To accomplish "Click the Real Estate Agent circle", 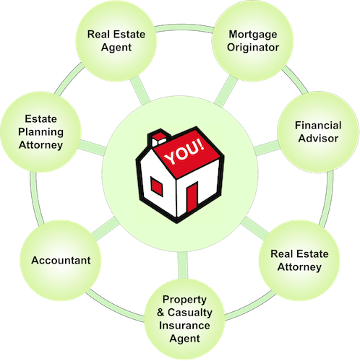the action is pyautogui.click(x=116, y=41).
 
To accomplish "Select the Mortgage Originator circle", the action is pyautogui.click(x=253, y=41).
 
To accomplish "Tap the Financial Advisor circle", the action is pyautogui.click(x=318, y=132).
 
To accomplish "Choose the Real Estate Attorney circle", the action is pyautogui.click(x=299, y=261).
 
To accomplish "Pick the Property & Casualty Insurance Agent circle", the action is pyautogui.click(x=184, y=319).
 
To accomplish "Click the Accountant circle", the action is pyautogui.click(x=61, y=261).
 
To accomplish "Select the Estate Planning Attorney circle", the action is pyautogui.click(x=41, y=132).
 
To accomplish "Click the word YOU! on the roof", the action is pyautogui.click(x=184, y=152).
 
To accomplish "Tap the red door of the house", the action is pyautogui.click(x=192, y=197).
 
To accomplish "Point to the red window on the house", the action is pyautogui.click(x=156, y=186).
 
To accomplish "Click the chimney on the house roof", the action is pyautogui.click(x=159, y=138).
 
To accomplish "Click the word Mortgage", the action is pyautogui.click(x=253, y=35).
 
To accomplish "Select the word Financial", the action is pyautogui.click(x=318, y=126).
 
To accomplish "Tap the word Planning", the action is pyautogui.click(x=41, y=132).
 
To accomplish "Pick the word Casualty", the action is pyautogui.click(x=190, y=313).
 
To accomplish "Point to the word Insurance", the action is pyautogui.click(x=184, y=326).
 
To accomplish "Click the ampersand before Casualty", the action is pyautogui.click(x=160, y=313).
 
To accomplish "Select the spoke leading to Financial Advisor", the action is pyautogui.click(x=267, y=148).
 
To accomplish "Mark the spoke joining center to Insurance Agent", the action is pyautogui.click(x=183, y=266).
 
